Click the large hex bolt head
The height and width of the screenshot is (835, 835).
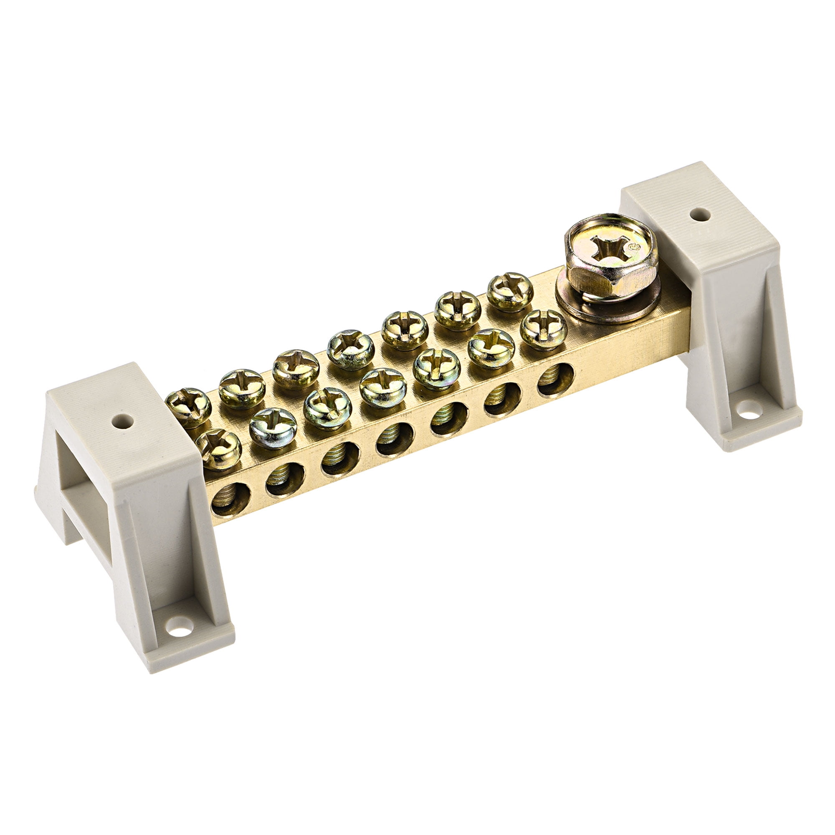[x=610, y=259]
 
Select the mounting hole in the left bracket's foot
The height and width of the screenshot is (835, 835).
[x=180, y=626]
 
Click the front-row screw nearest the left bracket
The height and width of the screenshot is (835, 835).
[x=219, y=450]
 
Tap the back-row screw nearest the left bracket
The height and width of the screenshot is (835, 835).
[x=188, y=407]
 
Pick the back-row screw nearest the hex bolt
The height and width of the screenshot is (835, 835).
[x=510, y=292]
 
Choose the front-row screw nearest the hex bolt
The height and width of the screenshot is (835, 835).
[x=543, y=329]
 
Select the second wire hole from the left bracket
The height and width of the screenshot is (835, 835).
[x=285, y=479]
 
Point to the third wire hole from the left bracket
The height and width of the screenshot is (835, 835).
[x=340, y=459]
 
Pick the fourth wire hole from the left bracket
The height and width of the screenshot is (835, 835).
[x=395, y=439]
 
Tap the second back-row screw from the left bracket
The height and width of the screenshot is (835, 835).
[x=242, y=388]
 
